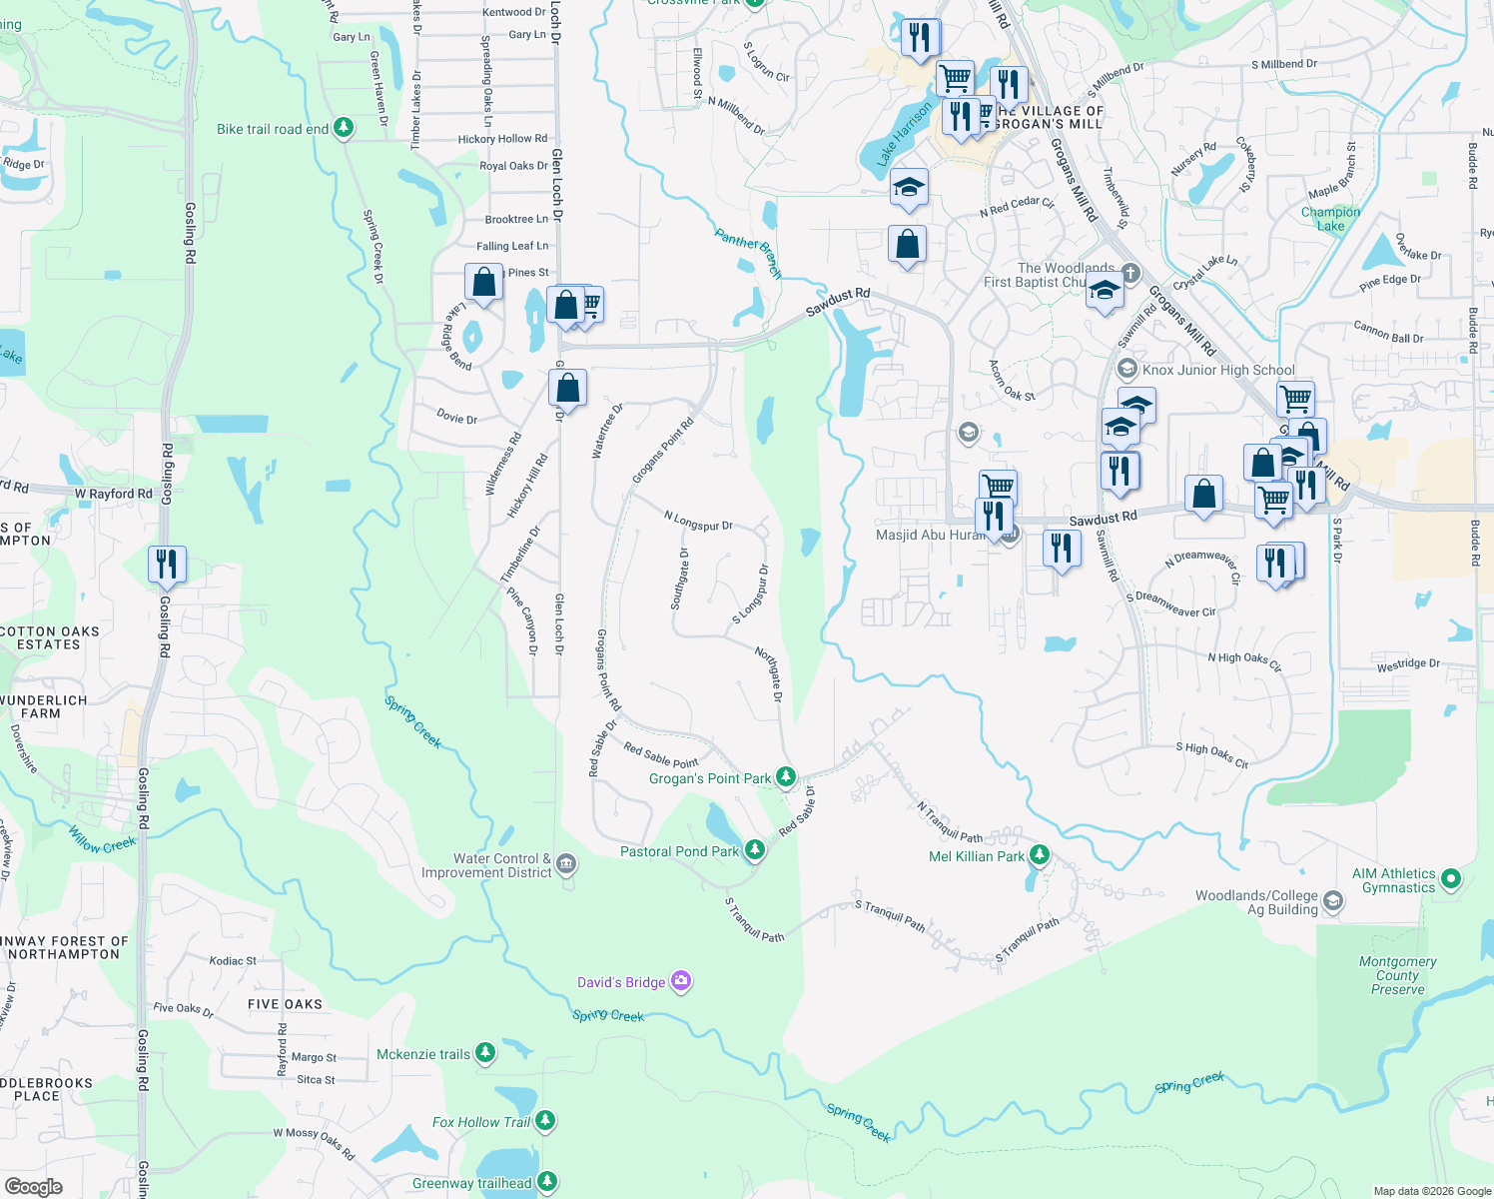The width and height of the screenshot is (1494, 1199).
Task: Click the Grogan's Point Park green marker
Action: tap(786, 776)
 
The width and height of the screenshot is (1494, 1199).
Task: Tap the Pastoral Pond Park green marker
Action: tap(755, 850)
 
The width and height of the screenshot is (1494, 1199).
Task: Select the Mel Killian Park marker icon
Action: tap(1040, 855)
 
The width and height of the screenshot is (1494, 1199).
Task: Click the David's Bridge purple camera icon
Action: tap(681, 981)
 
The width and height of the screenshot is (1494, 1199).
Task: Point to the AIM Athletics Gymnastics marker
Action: tap(1451, 879)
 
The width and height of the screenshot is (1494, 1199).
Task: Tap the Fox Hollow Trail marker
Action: tap(545, 1121)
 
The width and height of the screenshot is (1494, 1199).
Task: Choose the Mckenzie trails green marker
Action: tap(485, 1052)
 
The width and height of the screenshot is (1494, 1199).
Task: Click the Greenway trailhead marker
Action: tap(547, 1182)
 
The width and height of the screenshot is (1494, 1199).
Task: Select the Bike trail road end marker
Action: tap(344, 128)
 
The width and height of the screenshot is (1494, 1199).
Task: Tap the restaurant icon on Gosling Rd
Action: tap(167, 564)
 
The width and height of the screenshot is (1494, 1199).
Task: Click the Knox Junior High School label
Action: tap(1218, 370)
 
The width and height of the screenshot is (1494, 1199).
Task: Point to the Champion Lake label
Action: tap(1330, 219)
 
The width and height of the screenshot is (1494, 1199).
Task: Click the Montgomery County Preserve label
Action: tap(1397, 975)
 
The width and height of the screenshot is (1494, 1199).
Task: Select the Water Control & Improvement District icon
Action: tap(566, 863)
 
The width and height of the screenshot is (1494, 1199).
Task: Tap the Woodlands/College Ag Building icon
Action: tap(1333, 901)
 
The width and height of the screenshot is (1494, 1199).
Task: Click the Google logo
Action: tap(34, 1187)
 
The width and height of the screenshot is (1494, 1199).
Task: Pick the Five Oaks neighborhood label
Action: tap(285, 1004)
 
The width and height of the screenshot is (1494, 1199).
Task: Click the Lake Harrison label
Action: tap(904, 135)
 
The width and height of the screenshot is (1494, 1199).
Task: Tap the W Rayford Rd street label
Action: tap(114, 494)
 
